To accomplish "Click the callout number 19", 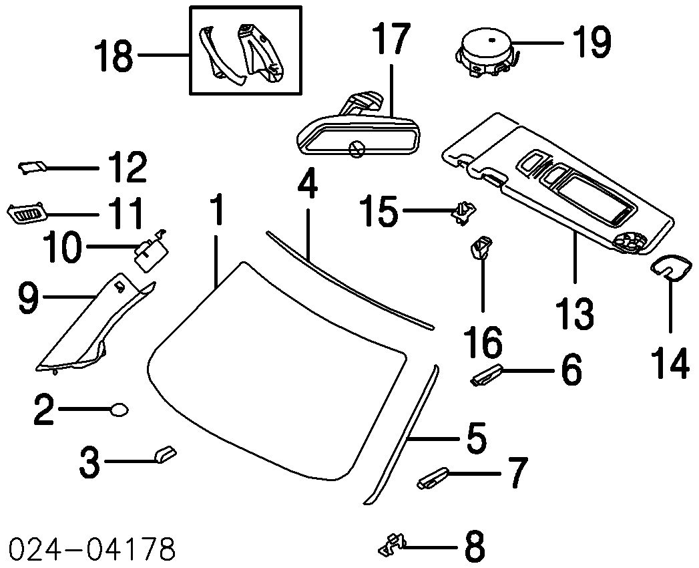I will [x=591, y=43].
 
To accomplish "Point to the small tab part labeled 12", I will [x=31, y=168].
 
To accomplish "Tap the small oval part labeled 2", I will [x=119, y=409].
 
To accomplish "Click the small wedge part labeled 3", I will [x=164, y=455].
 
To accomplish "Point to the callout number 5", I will [x=475, y=438].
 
